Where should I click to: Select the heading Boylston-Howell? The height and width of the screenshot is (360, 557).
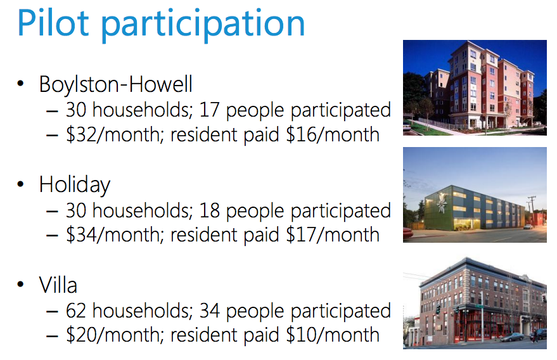(115, 84)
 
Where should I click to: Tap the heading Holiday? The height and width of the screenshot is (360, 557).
(74, 185)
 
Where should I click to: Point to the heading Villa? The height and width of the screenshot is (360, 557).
(58, 285)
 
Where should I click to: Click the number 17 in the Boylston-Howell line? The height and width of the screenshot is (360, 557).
(209, 110)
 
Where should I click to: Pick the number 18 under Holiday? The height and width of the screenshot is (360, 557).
(209, 210)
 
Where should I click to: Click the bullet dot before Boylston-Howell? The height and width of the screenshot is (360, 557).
(22, 84)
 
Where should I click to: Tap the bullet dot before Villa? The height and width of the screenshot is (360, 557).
(22, 285)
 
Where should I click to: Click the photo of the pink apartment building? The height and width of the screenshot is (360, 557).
(475, 87)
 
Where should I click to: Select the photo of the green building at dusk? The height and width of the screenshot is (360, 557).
(475, 195)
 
